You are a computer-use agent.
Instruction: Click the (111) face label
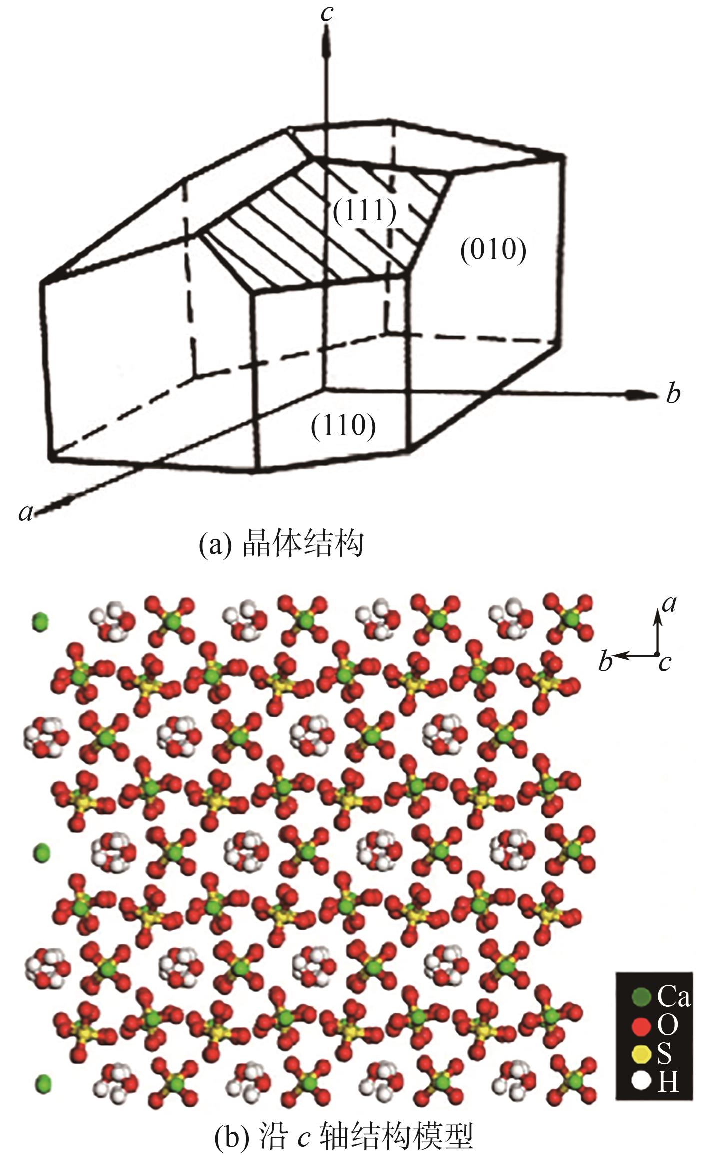click(x=365, y=212)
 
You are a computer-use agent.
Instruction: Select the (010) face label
click(x=493, y=250)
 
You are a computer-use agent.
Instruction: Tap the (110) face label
click(x=343, y=427)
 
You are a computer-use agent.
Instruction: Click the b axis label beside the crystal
click(x=673, y=394)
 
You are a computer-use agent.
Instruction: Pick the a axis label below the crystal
click(x=26, y=511)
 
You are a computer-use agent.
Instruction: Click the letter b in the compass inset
click(x=606, y=662)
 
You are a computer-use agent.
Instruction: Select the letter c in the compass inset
click(x=665, y=663)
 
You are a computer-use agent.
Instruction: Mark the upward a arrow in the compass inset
click(x=657, y=630)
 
